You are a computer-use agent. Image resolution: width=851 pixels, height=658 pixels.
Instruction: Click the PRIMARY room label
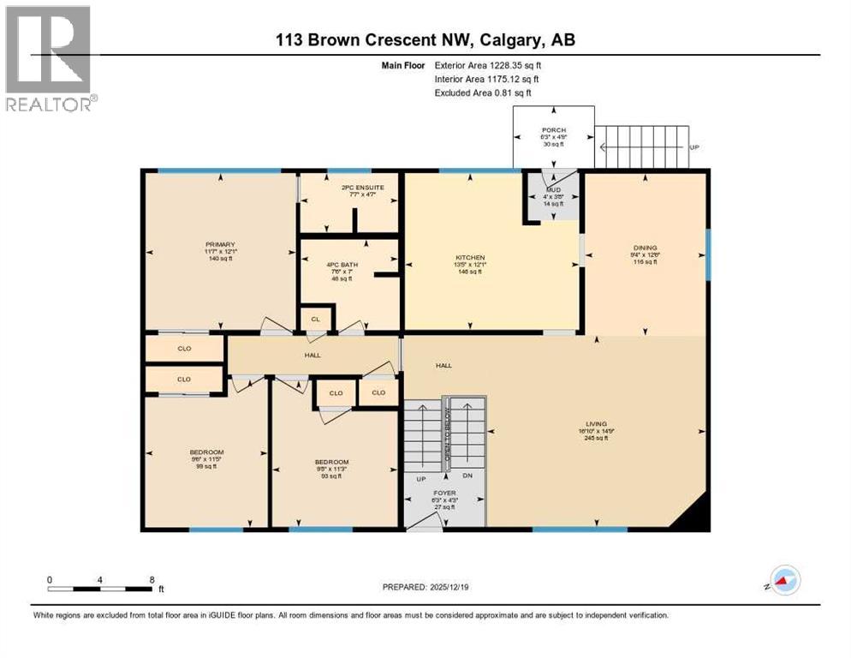click(220, 244)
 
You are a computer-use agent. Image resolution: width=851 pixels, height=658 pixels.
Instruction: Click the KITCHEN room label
click(470, 257)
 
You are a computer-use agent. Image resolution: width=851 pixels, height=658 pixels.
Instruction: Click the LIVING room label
click(596, 424)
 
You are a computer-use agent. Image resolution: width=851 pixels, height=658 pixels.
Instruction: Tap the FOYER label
click(443, 493)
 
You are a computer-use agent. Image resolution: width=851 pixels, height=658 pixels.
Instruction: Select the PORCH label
click(553, 131)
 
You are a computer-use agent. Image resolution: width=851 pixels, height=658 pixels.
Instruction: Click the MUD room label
click(553, 188)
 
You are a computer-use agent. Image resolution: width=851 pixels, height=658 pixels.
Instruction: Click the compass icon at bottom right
click(784, 582)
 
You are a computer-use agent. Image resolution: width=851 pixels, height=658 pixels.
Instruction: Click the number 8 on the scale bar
click(152, 579)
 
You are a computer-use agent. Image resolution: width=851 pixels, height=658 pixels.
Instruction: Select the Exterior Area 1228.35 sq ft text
click(488, 64)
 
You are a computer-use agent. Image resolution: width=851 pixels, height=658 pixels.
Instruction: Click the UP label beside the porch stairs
click(694, 147)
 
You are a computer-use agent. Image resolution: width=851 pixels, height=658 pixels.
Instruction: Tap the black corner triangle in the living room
click(695, 515)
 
